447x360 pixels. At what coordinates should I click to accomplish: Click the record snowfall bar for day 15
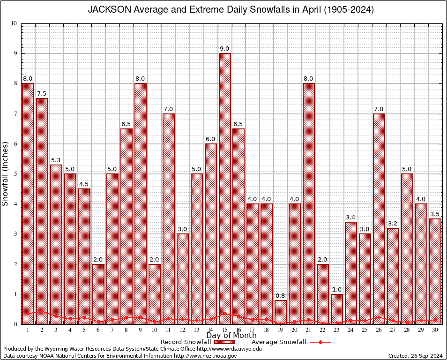224,187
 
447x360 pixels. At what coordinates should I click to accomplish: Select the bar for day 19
281,312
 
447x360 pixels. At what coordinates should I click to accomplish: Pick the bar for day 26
379,218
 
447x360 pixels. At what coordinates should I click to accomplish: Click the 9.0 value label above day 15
224,49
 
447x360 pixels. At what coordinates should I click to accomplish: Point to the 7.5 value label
42,94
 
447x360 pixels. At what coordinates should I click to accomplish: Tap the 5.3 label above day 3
56,160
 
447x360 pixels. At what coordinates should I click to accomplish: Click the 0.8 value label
281,296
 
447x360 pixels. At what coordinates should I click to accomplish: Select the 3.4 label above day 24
351,217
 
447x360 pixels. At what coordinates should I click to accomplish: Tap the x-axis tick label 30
435,330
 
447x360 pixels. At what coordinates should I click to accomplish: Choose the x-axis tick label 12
182,330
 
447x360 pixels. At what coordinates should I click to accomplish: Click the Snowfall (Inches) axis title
6,173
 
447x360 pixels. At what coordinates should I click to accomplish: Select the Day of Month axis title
231,336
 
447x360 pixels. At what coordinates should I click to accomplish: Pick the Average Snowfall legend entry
281,342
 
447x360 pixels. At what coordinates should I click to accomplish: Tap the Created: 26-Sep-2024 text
416,356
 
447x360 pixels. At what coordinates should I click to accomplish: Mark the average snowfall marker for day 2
42,311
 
